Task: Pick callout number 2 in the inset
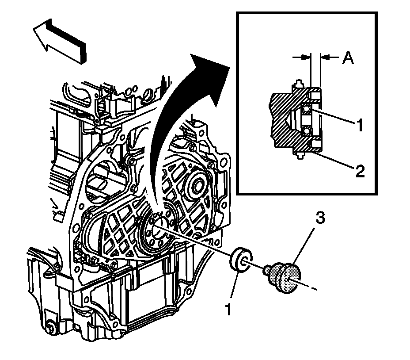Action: (360, 170)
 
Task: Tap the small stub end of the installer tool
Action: (267, 268)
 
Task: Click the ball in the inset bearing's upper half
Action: (305, 109)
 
